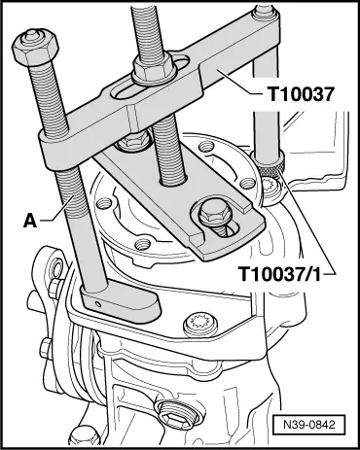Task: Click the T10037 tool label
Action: click(x=301, y=94)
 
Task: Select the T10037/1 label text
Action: click(x=280, y=274)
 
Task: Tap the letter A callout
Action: click(x=30, y=222)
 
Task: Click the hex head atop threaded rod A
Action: click(x=36, y=46)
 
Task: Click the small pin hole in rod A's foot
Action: click(x=97, y=304)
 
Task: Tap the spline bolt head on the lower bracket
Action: click(x=199, y=324)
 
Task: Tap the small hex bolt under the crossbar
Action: click(x=132, y=142)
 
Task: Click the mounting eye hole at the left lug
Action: click(x=57, y=268)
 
